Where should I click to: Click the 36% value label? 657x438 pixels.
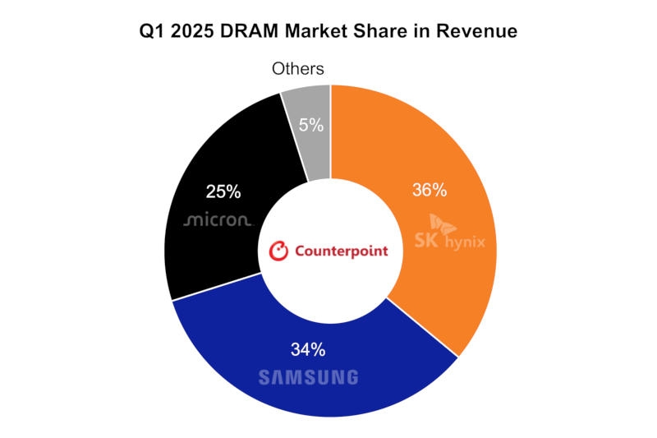coord(429,191)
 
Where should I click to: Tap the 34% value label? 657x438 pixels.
coord(308,349)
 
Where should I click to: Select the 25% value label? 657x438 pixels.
coord(223,191)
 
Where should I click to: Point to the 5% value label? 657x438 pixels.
coord(311,126)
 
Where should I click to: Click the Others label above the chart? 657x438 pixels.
coord(298,69)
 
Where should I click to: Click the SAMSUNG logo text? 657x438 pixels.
coord(308,377)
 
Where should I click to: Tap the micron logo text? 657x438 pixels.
coord(218,221)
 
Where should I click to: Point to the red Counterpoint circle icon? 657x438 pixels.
coord(279,251)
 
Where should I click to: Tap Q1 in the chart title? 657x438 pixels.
coord(155,32)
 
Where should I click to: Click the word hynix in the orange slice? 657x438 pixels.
coord(464,242)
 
